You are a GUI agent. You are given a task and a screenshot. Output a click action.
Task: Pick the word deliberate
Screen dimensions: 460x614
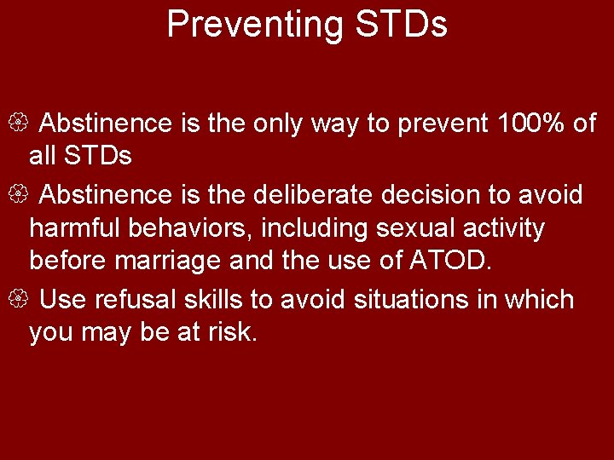tap(313, 195)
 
